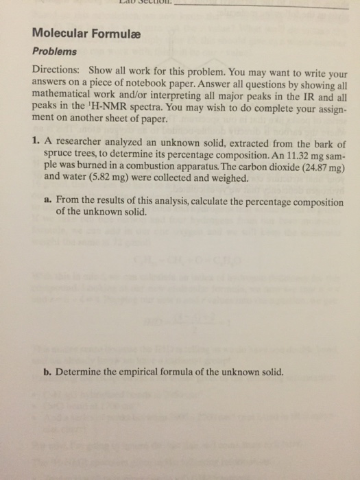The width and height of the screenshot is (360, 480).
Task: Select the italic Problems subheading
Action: point(56,51)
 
